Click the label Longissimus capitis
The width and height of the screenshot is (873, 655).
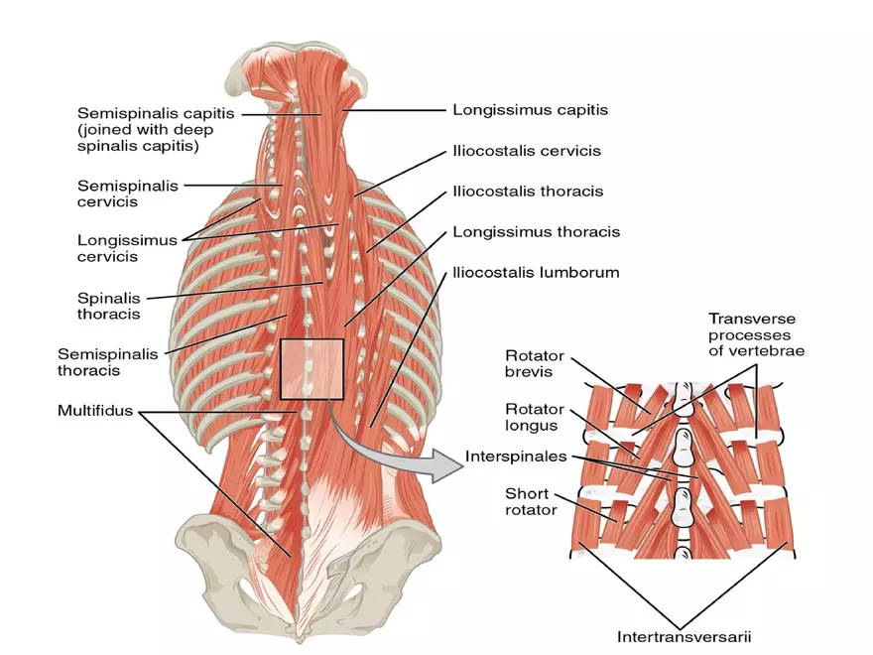click(530, 110)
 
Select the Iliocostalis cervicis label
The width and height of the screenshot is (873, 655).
click(527, 151)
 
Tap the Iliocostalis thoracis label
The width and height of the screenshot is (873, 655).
click(528, 191)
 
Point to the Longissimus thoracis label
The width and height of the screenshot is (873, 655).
click(536, 231)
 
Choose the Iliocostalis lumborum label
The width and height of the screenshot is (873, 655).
click(536, 271)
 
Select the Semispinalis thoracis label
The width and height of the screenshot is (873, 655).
click(107, 361)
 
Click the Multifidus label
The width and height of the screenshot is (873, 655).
click(95, 409)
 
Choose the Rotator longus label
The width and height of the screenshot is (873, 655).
click(534, 417)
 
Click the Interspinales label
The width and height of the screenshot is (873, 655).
click(515, 458)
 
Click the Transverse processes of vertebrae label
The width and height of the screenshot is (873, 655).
click(756, 334)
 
